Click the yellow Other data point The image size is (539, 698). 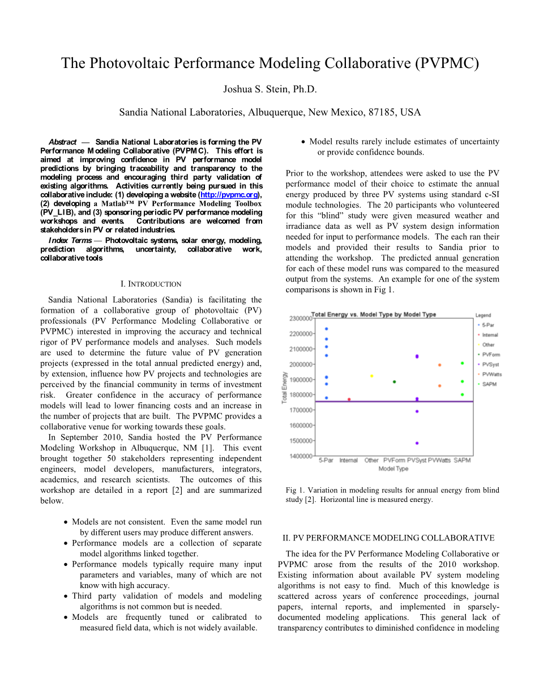point(371,376)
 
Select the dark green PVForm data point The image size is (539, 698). point(395,382)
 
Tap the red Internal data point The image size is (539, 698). point(349,399)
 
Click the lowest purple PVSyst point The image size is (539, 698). point(417,443)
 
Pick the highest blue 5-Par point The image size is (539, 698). point(326,329)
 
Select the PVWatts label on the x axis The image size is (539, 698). point(439,461)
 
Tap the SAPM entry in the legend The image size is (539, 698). point(489,384)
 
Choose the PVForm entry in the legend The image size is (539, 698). point(491,355)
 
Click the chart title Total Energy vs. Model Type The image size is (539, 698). point(374,314)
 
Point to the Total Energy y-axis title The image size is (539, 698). point(285,388)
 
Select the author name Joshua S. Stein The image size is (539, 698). point(269,89)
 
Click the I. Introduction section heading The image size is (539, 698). point(151,284)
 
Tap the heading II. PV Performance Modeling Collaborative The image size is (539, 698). point(388,538)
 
